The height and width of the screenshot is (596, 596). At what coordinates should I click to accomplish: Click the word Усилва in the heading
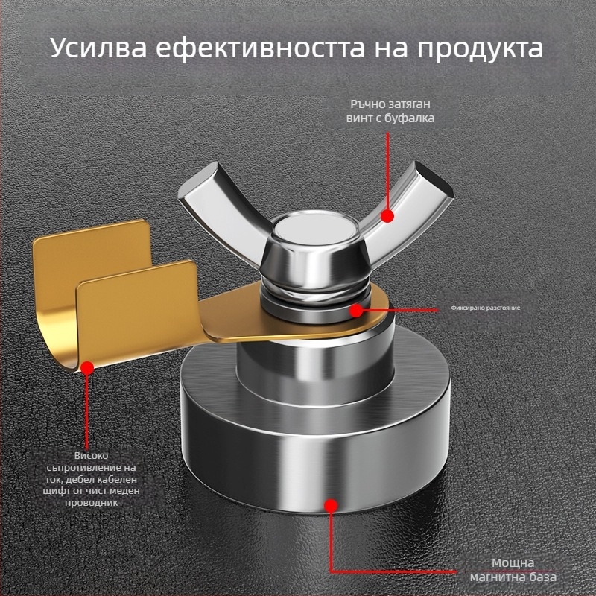[98, 48]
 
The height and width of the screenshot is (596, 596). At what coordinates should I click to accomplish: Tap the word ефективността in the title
[260, 48]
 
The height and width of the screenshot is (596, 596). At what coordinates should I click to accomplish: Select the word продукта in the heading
[480, 48]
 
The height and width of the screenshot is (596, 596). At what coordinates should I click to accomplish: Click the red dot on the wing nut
[387, 216]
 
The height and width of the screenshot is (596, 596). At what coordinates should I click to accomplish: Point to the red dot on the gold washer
[356, 311]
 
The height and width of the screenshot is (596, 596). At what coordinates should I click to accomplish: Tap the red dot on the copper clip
[87, 367]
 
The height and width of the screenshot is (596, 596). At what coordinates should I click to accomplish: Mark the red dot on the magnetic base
[331, 505]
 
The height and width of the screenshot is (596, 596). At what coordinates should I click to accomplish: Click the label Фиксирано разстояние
[486, 308]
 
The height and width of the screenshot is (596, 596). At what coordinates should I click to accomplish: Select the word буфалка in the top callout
[409, 118]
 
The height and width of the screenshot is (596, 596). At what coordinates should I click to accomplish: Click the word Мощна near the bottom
[513, 562]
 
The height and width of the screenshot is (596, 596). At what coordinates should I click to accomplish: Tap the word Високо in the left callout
[91, 455]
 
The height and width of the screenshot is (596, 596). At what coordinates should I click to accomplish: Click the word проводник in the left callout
[91, 503]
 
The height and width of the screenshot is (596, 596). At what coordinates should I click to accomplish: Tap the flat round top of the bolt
[315, 227]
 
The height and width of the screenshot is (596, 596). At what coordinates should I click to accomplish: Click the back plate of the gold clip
[91, 262]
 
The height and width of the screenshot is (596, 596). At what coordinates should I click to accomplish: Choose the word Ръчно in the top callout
[367, 104]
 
